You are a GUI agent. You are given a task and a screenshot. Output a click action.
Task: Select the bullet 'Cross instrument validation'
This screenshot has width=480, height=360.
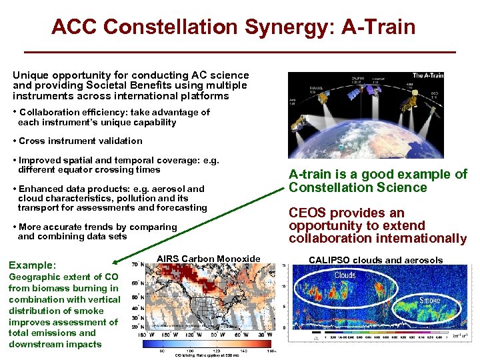[x=80, y=141]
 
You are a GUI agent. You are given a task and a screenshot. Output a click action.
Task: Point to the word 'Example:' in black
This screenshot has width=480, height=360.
[x=33, y=265]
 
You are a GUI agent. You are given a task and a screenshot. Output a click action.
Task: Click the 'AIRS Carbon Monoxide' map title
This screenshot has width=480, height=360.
[x=208, y=259]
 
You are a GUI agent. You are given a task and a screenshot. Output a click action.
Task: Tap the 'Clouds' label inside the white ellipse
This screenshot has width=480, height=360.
[x=345, y=275]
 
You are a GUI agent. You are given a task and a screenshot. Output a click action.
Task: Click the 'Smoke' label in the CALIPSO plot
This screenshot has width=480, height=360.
[x=429, y=301]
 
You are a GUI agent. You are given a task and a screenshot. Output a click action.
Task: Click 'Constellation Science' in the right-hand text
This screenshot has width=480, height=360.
[x=358, y=187]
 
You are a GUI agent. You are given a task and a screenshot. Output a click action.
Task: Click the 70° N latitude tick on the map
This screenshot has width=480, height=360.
[x=135, y=265]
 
